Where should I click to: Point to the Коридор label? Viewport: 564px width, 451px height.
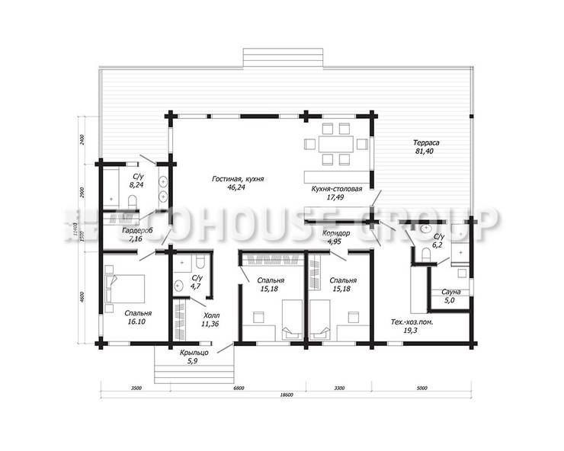click(335, 233)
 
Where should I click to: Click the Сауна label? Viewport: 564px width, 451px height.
click(444, 292)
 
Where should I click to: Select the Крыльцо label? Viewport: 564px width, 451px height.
click(193, 353)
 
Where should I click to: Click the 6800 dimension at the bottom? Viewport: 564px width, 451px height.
click(238, 389)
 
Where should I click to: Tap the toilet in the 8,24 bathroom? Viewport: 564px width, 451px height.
click(131, 200)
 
